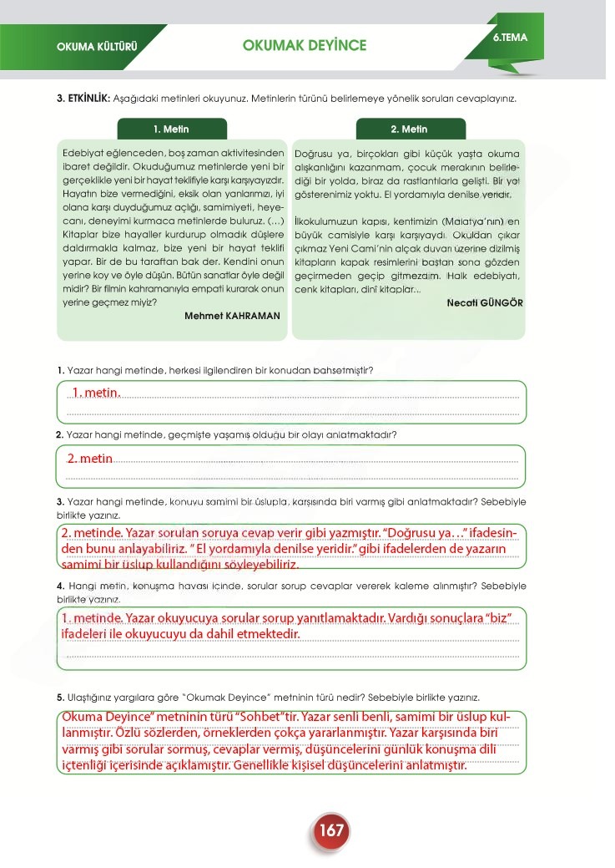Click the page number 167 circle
[330, 830]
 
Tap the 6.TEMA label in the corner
[510, 38]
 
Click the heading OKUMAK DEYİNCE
[304, 45]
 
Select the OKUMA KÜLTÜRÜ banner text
[96, 46]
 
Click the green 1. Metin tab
[171, 129]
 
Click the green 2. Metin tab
[408, 129]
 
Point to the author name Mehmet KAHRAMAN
[232, 317]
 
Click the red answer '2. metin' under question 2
[89, 459]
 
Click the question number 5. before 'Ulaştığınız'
[60, 697]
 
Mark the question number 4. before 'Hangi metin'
[60, 585]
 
